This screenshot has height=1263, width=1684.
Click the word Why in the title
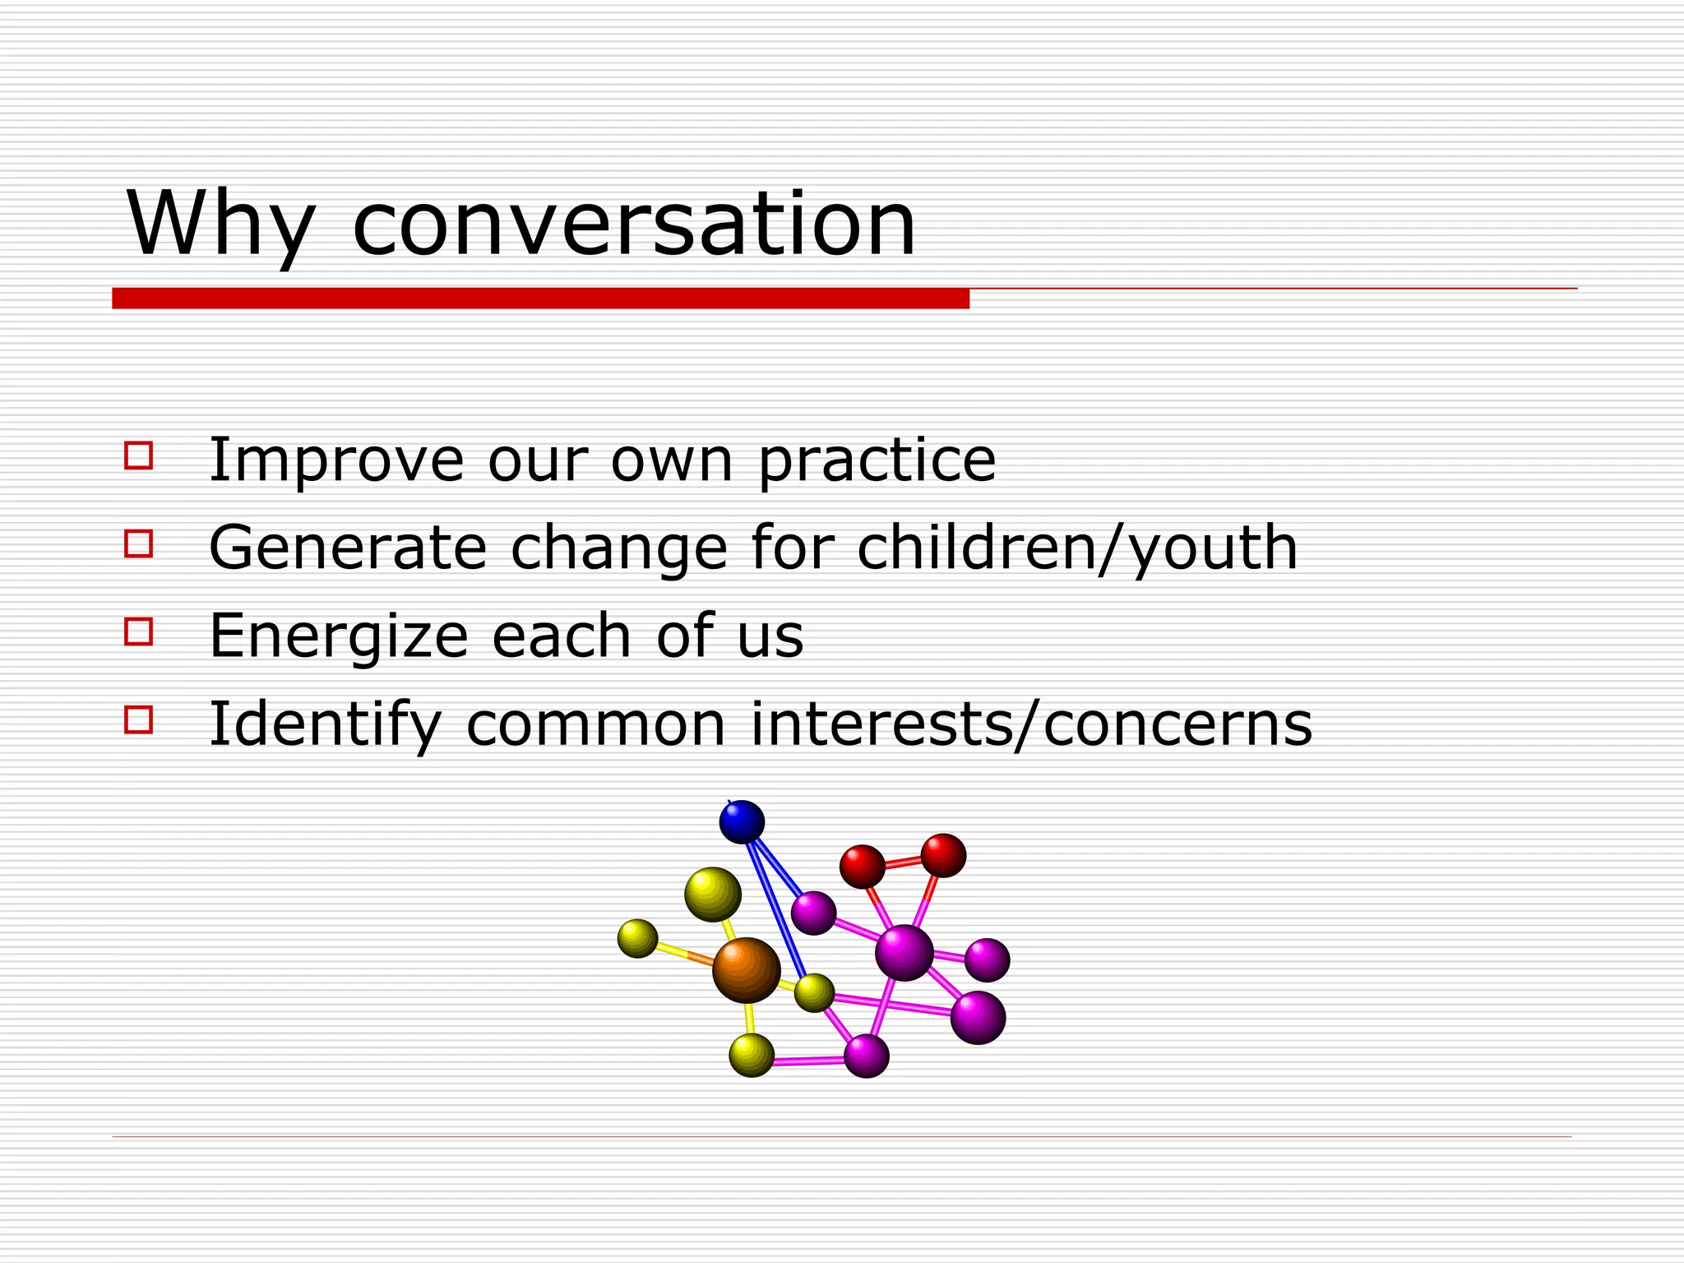click(x=220, y=224)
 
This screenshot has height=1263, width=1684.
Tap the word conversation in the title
click(x=633, y=224)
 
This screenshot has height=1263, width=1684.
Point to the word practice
click(x=877, y=460)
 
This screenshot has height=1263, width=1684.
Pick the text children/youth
click(x=1077, y=548)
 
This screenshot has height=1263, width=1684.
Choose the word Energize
click(x=338, y=636)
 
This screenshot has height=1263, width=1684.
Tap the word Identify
click(x=326, y=724)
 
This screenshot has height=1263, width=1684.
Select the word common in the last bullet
click(x=596, y=724)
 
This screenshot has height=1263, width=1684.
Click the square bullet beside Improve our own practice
click(x=139, y=456)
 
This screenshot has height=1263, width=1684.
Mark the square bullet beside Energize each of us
click(x=139, y=631)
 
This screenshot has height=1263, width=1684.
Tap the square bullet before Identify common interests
click(x=139, y=719)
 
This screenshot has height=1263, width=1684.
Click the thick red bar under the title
click(x=540, y=298)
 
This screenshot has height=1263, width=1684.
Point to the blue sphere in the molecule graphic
click(x=742, y=821)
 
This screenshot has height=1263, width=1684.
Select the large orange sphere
click(x=746, y=970)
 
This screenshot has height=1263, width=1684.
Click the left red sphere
click(x=862, y=866)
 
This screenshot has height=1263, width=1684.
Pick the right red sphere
click(x=943, y=855)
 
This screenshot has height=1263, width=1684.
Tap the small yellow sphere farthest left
click(x=637, y=938)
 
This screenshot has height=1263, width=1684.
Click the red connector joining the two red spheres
click(x=903, y=862)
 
